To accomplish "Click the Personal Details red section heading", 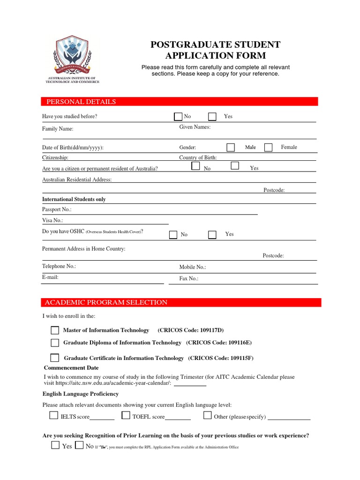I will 81,102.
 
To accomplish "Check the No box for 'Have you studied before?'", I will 178,117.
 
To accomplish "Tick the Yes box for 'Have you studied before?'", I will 212,117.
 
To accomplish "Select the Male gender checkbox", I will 231,147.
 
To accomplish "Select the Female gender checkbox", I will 268,147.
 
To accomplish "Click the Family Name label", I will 58,129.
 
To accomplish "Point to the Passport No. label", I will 57,210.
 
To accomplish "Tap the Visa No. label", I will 52,220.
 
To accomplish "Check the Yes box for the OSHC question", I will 212,234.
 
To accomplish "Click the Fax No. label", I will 189,278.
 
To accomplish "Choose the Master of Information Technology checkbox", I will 55,330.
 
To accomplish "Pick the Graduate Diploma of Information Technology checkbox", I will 55,343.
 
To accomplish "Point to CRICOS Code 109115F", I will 221,358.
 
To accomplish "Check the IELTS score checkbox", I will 54,415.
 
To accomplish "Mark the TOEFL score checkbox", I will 126,415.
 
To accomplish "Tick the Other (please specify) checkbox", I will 207,415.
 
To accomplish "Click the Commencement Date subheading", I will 71,368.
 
